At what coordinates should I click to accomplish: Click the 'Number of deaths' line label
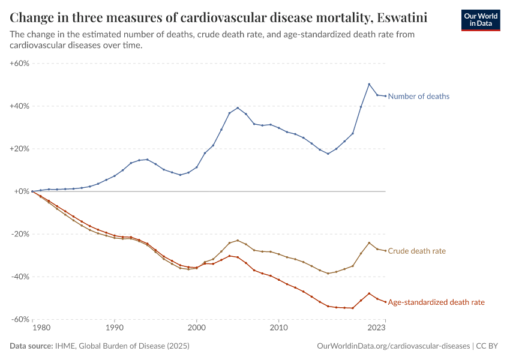click(x=419, y=96)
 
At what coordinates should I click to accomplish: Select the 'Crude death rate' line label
click(x=416, y=251)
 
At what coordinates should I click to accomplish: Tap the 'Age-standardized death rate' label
click(x=436, y=302)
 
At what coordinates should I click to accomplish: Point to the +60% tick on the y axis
click(x=20, y=63)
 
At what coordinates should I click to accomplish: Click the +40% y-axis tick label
click(x=20, y=106)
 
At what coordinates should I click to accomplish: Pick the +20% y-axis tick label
click(x=20, y=149)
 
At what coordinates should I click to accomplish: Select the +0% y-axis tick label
click(x=22, y=191)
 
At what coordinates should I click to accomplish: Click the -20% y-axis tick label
click(x=20, y=234)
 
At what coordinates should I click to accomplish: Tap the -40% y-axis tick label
click(x=20, y=277)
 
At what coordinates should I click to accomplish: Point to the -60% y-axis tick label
click(x=20, y=319)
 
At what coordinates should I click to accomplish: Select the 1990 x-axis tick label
click(x=114, y=328)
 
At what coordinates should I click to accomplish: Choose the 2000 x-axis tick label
click(x=196, y=328)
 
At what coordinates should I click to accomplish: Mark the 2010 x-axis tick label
click(x=278, y=328)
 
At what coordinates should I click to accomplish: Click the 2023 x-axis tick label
click(x=377, y=328)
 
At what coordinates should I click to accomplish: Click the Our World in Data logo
click(x=481, y=19)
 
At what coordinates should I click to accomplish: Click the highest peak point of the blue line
click(x=369, y=84)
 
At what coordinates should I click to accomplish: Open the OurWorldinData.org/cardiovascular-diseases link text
click(x=392, y=346)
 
